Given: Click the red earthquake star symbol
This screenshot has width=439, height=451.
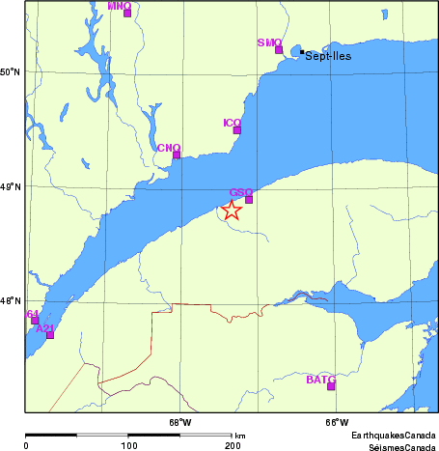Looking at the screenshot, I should point(232,211).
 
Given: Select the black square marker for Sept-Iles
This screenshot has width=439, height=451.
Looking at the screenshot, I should point(302,52).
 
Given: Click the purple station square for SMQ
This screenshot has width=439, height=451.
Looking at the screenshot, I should point(279,49).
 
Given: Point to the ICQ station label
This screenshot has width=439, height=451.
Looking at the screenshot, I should point(232,123).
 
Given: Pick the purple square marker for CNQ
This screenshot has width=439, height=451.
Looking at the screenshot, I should point(177,155).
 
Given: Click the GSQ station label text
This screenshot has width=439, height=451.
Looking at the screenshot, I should point(240,192).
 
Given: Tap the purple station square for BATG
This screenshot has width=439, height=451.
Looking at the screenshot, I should point(331,386).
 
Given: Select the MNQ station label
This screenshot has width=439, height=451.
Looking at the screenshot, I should point(120,6).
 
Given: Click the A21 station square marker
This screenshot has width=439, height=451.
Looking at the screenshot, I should point(50,335).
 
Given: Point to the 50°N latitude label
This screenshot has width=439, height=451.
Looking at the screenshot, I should point(10,71).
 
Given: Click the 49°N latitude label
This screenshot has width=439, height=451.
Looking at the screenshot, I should point(10,186).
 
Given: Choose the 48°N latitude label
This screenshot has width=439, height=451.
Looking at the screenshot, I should point(10,301).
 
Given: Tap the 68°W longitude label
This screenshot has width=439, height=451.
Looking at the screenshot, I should point(180,421).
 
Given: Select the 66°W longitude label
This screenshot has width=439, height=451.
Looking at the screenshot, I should point(335,421).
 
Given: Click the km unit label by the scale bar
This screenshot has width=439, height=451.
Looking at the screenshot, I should point(239,436).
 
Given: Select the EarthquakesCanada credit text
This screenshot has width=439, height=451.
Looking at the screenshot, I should point(394,437).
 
